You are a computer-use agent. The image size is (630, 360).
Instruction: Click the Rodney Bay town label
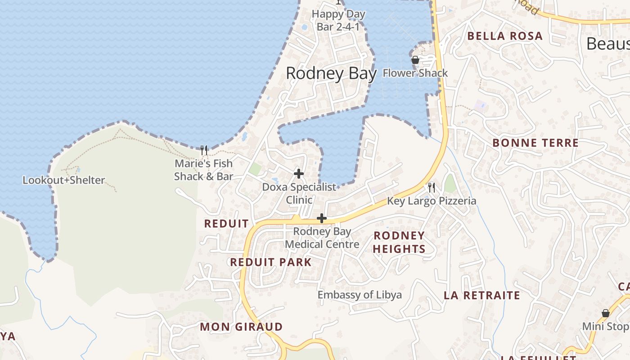click(x=331, y=73)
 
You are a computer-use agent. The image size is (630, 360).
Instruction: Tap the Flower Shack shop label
click(x=415, y=73)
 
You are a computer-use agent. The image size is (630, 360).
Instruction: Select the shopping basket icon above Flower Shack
click(x=415, y=60)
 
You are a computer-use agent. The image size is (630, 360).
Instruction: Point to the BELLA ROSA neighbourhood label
click(x=505, y=36)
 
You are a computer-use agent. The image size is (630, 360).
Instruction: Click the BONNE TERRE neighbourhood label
click(x=535, y=143)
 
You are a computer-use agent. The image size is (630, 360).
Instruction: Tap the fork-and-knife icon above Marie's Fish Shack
click(x=204, y=150)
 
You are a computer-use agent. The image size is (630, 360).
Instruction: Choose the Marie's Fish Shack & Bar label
click(x=203, y=170)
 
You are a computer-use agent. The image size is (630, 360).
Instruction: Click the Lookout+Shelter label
click(x=64, y=180)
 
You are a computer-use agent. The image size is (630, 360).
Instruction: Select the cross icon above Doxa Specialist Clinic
click(x=298, y=173)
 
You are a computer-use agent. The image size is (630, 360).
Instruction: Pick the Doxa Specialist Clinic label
click(x=299, y=193)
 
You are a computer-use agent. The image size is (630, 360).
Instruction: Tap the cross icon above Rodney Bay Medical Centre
click(x=321, y=219)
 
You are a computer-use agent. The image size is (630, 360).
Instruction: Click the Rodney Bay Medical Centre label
click(x=322, y=238)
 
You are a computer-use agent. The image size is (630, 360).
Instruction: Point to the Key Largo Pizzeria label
click(x=432, y=201)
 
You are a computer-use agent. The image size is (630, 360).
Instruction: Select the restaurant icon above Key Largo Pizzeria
click(x=432, y=187)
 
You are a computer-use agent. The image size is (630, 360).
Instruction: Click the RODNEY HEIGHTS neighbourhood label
click(x=399, y=242)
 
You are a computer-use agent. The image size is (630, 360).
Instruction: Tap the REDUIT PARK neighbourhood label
click(x=271, y=262)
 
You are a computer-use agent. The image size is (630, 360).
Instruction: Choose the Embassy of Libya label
click(x=360, y=295)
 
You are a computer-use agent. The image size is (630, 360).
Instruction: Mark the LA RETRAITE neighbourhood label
click(x=481, y=296)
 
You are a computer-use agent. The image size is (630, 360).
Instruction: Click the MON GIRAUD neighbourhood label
click(x=241, y=327)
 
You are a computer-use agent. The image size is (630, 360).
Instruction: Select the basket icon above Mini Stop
click(x=605, y=313)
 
